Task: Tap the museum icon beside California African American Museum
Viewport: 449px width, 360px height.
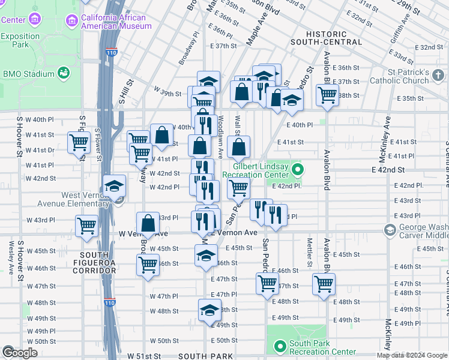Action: [x=73, y=21]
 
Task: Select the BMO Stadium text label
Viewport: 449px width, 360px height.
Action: [x=28, y=74]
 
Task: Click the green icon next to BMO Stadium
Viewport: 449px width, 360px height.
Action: [x=62, y=73]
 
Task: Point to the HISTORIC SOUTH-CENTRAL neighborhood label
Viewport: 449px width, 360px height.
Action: [x=326, y=38]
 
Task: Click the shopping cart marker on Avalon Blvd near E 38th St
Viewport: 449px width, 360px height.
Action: [x=327, y=94]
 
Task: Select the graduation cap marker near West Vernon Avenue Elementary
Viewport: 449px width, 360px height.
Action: [x=113, y=187]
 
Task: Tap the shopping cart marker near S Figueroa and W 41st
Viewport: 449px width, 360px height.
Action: [x=79, y=143]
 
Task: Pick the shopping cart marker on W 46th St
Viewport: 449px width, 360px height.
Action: [x=148, y=264]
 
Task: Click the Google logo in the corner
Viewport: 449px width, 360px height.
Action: [x=20, y=353]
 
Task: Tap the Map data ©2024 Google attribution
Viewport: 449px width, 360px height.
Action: [x=412, y=355]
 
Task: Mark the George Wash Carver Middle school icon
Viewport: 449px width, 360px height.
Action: [x=390, y=230]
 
